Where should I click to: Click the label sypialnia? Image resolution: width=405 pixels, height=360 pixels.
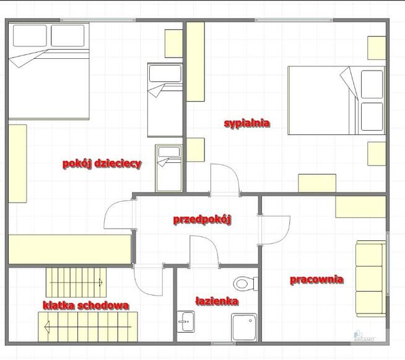(x=246, y=123)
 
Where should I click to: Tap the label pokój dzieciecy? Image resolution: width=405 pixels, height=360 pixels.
(x=102, y=164)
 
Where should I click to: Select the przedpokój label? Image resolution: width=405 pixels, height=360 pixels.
(x=202, y=220)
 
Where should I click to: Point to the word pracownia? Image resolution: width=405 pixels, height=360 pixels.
(x=316, y=279)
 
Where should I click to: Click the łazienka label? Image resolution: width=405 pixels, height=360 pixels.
(x=217, y=301)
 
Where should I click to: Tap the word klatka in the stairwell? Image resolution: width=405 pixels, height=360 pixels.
(x=59, y=305)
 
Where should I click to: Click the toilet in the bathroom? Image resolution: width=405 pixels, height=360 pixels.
(x=245, y=284)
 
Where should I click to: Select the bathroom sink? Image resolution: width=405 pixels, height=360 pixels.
(x=186, y=322)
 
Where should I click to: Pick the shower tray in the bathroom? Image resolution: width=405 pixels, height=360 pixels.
(x=244, y=327)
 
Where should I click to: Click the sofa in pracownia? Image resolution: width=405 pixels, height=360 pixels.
(x=371, y=279)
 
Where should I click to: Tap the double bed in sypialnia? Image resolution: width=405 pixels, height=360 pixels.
(x=336, y=100)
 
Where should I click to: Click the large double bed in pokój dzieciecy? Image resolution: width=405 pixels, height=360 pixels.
(x=49, y=71)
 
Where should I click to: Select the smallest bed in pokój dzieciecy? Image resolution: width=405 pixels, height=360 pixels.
(x=168, y=168)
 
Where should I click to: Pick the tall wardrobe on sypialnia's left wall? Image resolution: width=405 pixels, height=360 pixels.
(x=196, y=62)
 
